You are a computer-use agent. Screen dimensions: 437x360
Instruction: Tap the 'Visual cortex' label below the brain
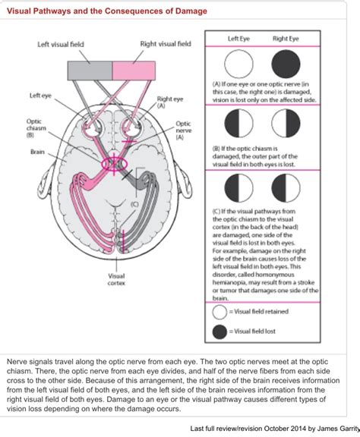point(117,281)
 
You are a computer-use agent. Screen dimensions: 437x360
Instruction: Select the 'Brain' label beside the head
point(38,152)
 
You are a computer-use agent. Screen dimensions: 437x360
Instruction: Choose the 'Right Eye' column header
point(286,38)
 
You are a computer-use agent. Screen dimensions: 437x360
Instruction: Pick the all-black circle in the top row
point(286,65)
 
